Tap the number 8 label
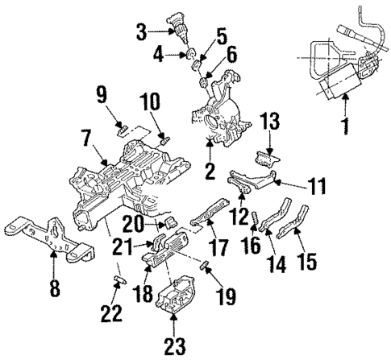point(54,288)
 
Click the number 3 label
point(142,32)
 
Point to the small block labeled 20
point(170,221)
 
